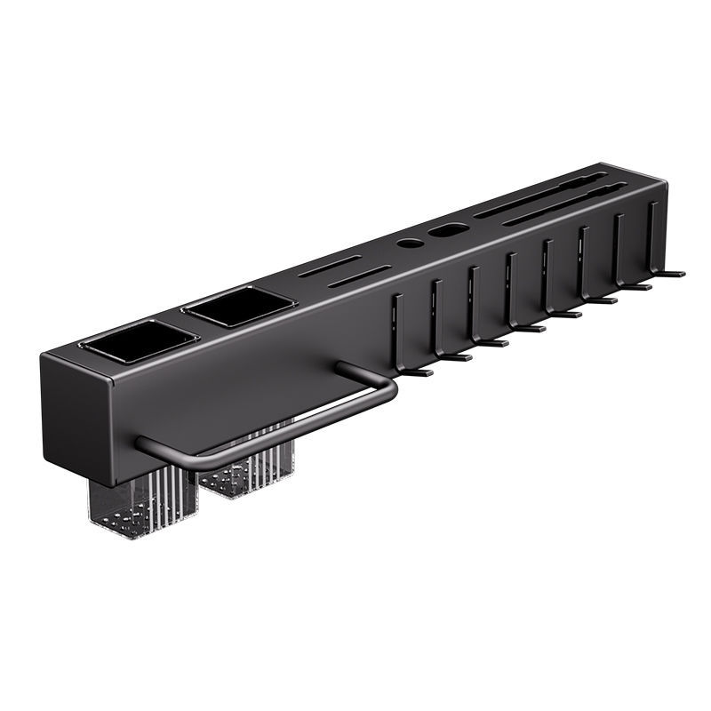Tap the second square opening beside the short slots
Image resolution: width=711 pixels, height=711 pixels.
[x=237, y=307]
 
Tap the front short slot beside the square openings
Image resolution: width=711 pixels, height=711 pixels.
[x=359, y=276]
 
